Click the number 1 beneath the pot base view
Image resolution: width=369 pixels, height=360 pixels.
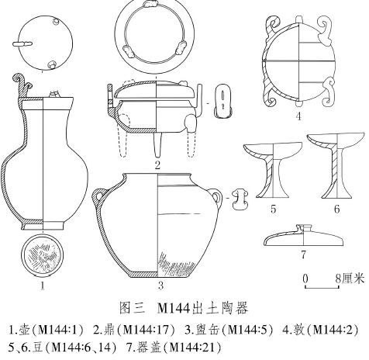[43, 286]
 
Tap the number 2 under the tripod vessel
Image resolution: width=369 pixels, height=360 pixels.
[157, 165]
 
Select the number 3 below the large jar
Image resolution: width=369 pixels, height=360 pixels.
[160, 286]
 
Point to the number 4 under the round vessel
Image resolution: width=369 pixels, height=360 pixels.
[298, 116]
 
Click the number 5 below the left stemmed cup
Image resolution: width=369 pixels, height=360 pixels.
[274, 209]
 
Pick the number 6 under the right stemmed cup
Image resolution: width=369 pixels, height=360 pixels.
[336, 209]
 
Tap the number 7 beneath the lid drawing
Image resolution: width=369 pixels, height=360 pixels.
[303, 254]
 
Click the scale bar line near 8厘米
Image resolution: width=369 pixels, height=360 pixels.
[322, 287]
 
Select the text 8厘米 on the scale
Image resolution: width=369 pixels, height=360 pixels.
[350, 279]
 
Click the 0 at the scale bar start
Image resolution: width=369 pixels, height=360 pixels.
[305, 279]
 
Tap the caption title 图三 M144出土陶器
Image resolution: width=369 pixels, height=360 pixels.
[184, 308]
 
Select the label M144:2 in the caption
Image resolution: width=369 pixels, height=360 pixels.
[333, 330]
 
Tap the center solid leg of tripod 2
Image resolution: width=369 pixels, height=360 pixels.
[158, 145]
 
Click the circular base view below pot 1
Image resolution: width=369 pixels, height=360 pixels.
[43, 256]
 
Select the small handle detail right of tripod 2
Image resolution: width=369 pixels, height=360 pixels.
[222, 102]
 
